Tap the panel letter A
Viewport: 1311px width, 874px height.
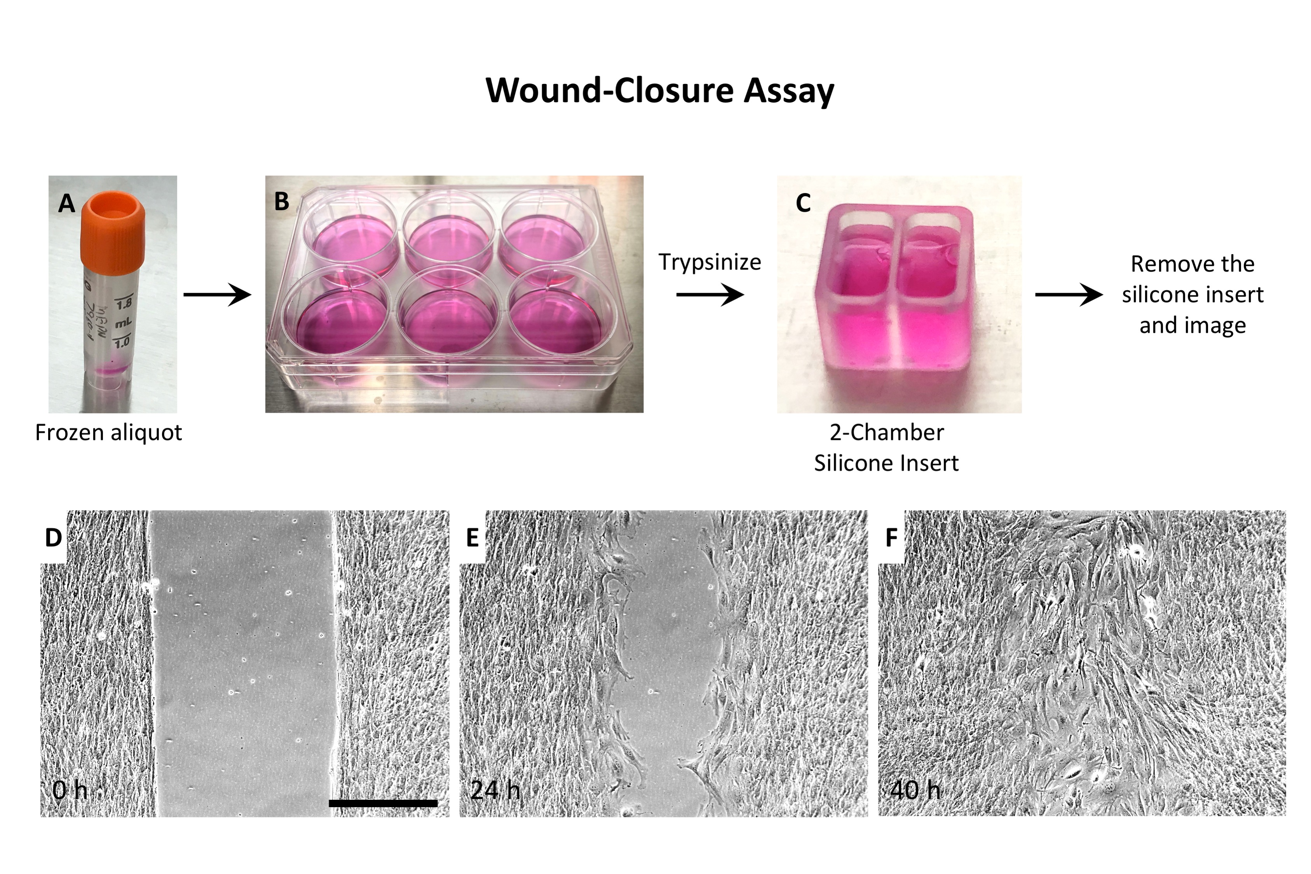tap(66, 204)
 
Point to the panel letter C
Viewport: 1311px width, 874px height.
tap(803, 203)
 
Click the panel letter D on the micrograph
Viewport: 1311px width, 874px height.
tap(54, 538)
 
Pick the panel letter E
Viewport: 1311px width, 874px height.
tap(472, 538)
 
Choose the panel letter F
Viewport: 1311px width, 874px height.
tap(891, 538)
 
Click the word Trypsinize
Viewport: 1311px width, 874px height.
tap(709, 262)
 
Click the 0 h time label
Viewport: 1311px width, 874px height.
tap(70, 790)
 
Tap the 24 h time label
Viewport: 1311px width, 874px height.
tap(495, 790)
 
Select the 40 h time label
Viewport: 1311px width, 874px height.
tap(915, 790)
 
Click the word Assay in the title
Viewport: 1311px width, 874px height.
tap(788, 90)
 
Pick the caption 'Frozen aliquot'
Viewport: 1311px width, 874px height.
tap(109, 433)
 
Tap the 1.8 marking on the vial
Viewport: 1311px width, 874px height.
tap(124, 303)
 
